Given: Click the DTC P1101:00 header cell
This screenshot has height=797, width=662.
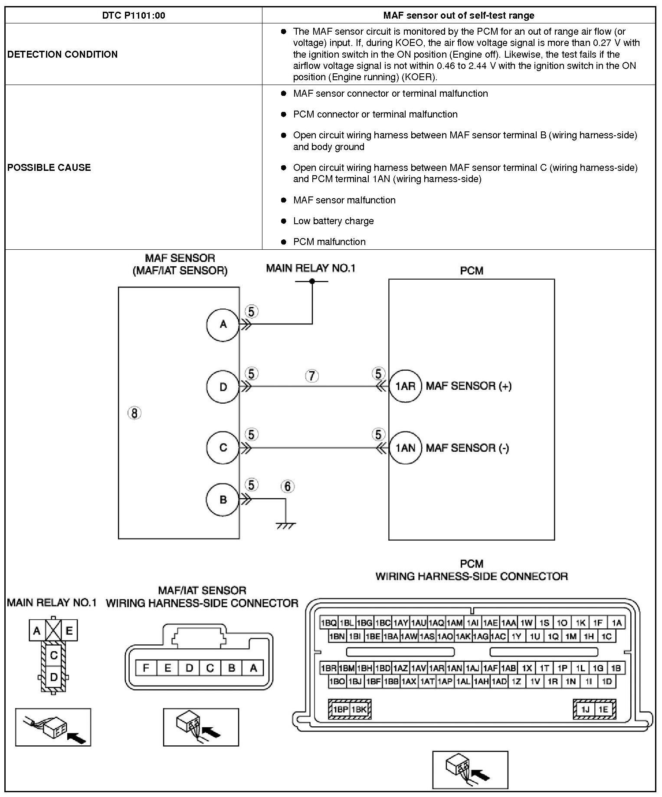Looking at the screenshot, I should (134, 16).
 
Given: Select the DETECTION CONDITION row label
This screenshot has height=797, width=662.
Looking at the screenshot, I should (62, 54).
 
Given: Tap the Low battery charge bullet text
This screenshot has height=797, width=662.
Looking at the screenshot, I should (333, 221).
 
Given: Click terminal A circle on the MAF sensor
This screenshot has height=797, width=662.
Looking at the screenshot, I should (223, 324).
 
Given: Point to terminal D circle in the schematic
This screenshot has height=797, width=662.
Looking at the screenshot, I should (223, 387).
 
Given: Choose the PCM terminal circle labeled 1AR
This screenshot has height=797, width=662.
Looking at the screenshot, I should (405, 386).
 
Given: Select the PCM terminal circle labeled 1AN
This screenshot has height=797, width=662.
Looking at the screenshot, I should (405, 447).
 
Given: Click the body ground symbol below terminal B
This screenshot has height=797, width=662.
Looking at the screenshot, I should (285, 525).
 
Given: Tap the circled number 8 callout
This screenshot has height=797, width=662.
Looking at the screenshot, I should (134, 413).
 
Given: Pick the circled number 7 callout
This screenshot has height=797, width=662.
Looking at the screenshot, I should (312, 376).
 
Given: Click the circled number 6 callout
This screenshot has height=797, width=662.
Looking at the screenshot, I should (287, 487).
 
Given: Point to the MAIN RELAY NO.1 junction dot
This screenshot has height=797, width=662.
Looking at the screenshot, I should (312, 281).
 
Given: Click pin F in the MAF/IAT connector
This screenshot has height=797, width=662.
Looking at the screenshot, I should (146, 668).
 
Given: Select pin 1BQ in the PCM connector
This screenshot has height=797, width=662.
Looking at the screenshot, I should (328, 623).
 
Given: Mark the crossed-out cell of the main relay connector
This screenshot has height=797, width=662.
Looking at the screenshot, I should (53, 630).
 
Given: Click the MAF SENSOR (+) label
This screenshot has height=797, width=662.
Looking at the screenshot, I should (469, 386).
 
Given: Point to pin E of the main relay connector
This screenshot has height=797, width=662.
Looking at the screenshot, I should (69, 630).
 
